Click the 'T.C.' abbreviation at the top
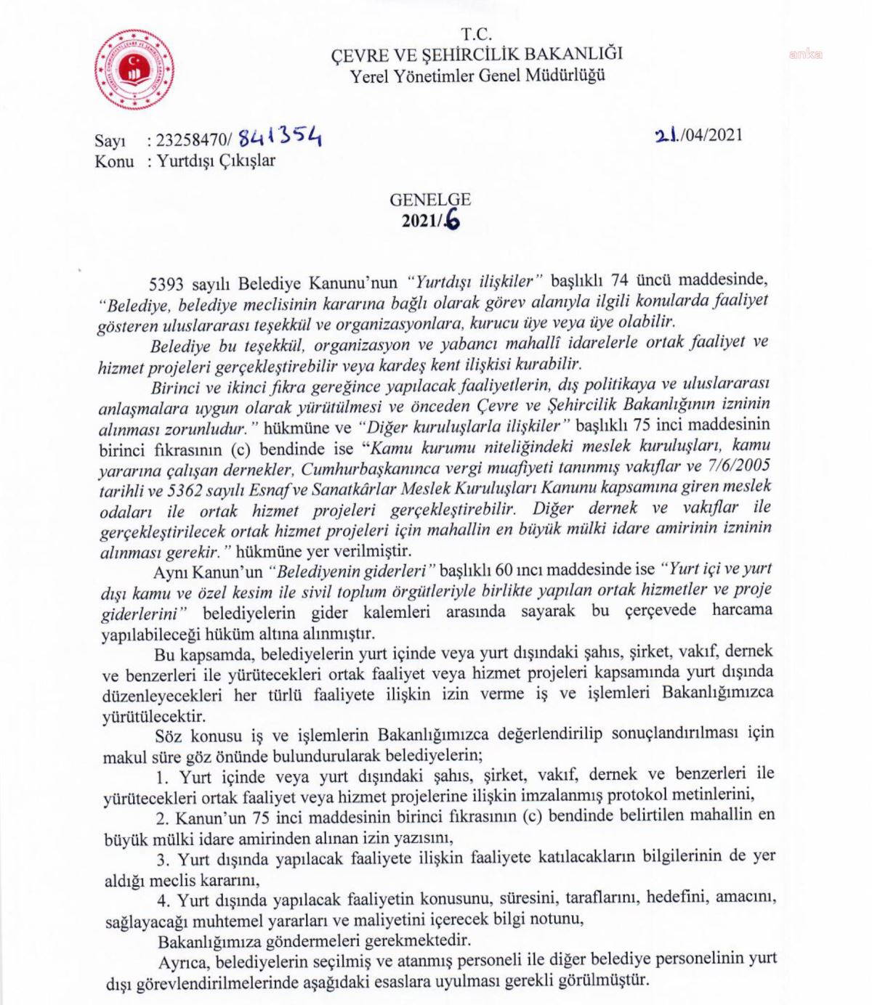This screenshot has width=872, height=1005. click(x=476, y=34)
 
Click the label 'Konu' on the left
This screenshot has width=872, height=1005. click(x=114, y=161)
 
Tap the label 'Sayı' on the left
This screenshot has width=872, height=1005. click(x=110, y=142)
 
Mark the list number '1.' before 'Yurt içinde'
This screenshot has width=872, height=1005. click(x=162, y=772)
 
